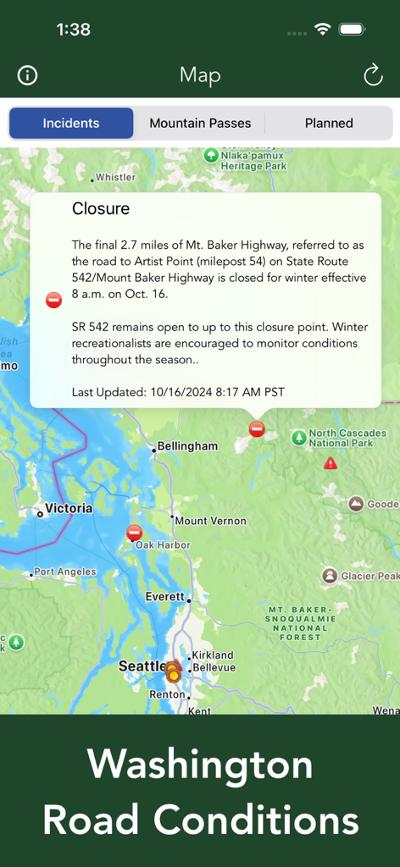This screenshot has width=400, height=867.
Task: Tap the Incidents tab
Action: pos(71,123)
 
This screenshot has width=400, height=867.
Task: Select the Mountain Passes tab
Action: pos(200,123)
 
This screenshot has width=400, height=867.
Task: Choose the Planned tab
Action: pos(329,123)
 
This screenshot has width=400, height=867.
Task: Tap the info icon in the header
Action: pos(27,75)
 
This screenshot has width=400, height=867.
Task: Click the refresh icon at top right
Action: pos(373,75)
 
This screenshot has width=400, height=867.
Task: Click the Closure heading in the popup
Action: pos(101,209)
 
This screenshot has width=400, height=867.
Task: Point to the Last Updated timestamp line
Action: pos(178,392)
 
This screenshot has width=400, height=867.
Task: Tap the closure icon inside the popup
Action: pos(53,300)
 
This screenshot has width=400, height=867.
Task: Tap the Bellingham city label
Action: pos(187,446)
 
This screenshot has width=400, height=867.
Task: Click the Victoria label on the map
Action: pos(69,509)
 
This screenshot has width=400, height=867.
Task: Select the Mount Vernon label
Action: pos(210,521)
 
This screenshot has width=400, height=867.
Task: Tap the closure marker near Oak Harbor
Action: pos(134,533)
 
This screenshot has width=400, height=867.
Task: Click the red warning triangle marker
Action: pos(331,463)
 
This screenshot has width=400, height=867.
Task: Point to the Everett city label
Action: pos(164,596)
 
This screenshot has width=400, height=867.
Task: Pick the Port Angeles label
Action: pos(64,572)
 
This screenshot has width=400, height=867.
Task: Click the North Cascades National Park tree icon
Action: pos(298,438)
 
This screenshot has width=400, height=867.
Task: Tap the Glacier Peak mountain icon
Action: pos(330,576)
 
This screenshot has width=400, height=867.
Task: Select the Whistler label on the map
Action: pos(114,177)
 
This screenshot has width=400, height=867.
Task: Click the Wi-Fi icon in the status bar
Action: pos(322,29)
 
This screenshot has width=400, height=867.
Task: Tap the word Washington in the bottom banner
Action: pos(200,765)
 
